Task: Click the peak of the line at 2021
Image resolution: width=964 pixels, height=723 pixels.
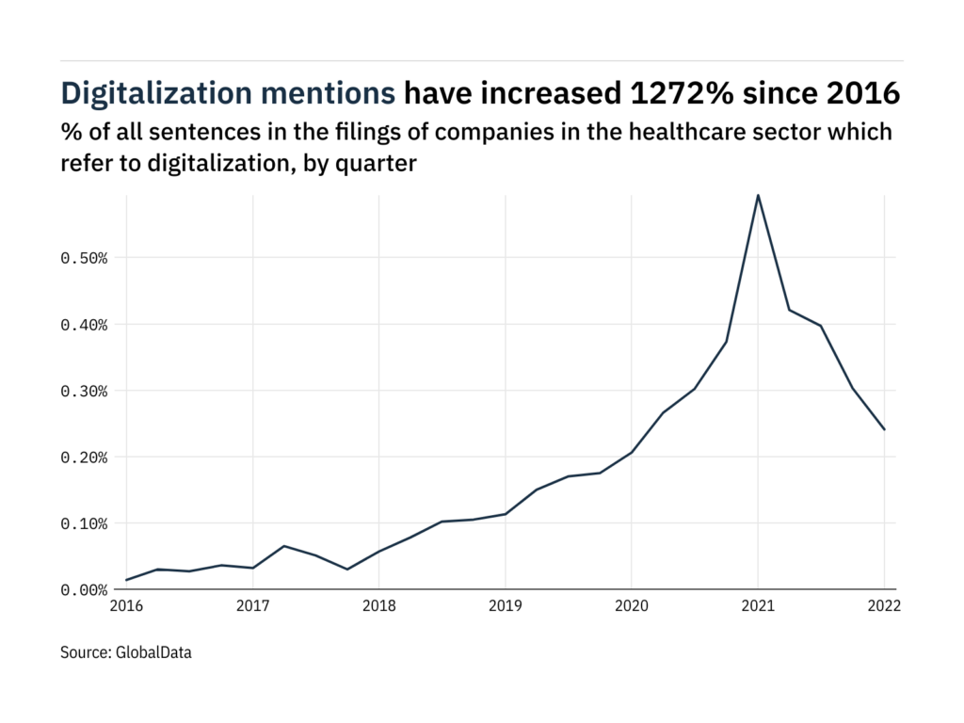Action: tap(758, 196)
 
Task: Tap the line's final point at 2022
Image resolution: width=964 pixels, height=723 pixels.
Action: tap(884, 429)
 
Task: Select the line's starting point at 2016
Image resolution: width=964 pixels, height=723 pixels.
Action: tap(127, 580)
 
